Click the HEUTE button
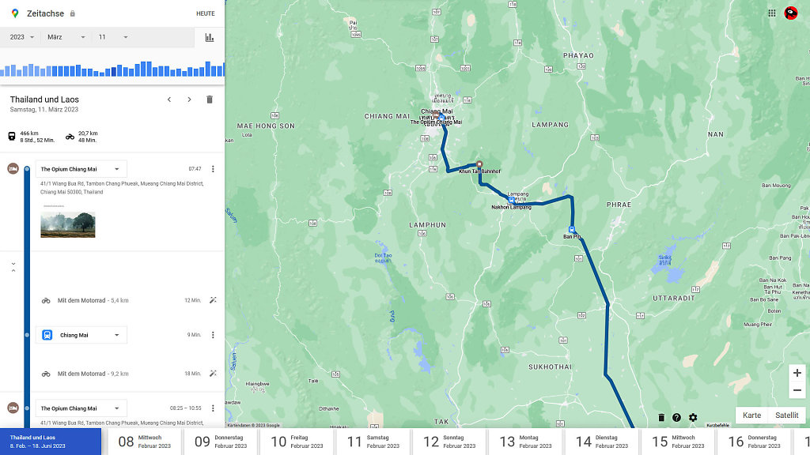tap(205, 13)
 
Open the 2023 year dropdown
tap(21, 37)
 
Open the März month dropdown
tap(66, 37)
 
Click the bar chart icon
tap(210, 37)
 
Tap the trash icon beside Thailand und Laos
tap(210, 100)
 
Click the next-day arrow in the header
tap(189, 100)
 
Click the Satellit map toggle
tap(786, 416)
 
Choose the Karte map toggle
tap(752, 416)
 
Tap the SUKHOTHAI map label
tap(551, 367)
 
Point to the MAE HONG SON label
tap(266, 126)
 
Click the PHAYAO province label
tap(577, 55)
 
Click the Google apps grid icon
tap(772, 13)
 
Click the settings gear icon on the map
tap(693, 418)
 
